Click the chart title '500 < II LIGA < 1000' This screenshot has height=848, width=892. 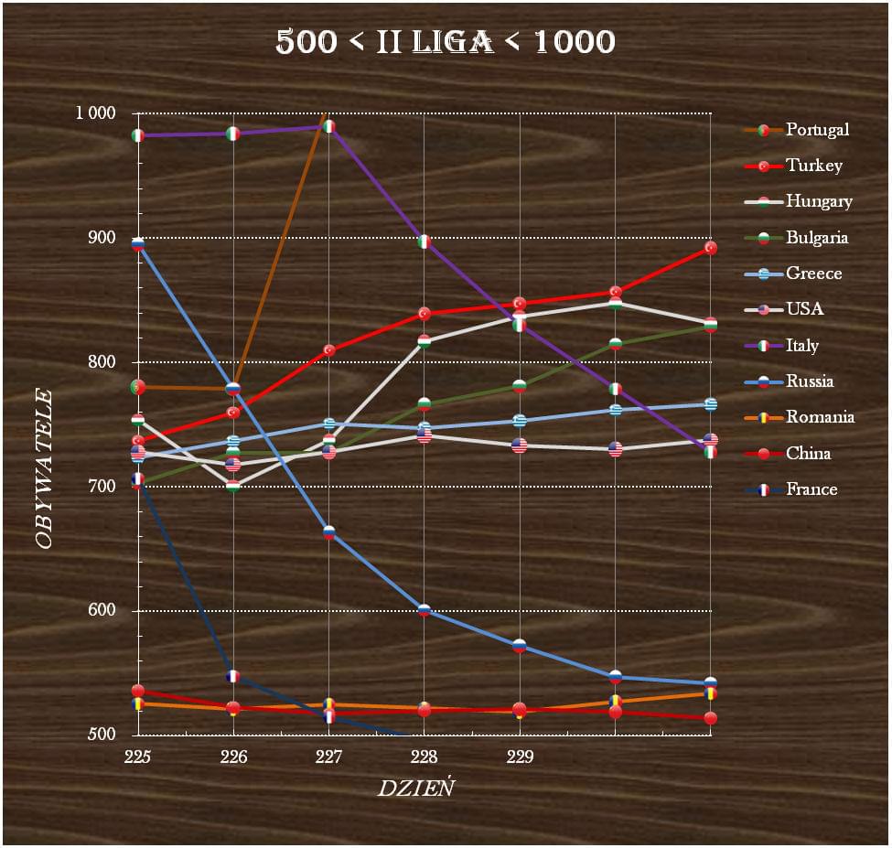[x=446, y=41]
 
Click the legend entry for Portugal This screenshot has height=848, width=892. [x=817, y=130]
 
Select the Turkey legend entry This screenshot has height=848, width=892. [x=813, y=166]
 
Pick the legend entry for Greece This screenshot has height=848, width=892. [x=813, y=274]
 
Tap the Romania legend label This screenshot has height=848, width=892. [x=820, y=417]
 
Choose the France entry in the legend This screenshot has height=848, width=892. [x=811, y=489]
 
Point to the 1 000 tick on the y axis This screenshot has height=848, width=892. [x=96, y=113]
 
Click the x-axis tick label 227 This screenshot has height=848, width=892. [x=328, y=757]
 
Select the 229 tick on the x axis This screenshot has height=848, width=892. [x=520, y=757]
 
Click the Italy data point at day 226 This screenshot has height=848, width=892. [x=233, y=134]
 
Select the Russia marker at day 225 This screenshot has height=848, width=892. [x=138, y=244]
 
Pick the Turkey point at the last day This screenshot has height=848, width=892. [x=710, y=248]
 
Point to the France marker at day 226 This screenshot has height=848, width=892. [x=233, y=676]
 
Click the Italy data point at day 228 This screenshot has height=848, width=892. [x=425, y=242]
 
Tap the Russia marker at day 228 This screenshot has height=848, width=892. [x=425, y=610]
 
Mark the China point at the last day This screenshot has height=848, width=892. [x=710, y=718]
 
